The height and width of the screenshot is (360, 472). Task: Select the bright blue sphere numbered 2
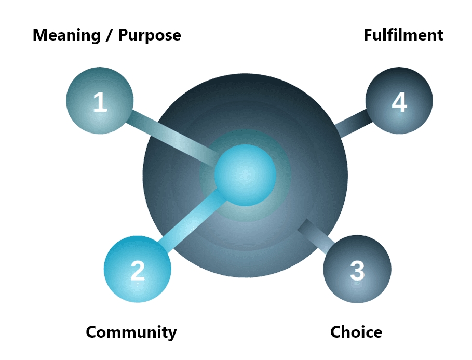pyautogui.click(x=137, y=270)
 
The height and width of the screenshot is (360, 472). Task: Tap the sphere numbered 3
pyautogui.click(x=357, y=270)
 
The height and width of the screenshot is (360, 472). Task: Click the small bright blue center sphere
pyautogui.click(x=245, y=176)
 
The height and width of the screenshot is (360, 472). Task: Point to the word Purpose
pyautogui.click(x=150, y=35)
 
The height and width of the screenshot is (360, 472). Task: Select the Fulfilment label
pyautogui.click(x=403, y=35)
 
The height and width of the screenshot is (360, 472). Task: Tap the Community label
pyautogui.click(x=131, y=332)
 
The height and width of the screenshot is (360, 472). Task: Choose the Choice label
pyautogui.click(x=356, y=332)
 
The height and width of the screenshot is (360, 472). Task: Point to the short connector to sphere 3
pyautogui.click(x=315, y=234)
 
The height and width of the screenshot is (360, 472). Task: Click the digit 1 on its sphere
pyautogui.click(x=100, y=102)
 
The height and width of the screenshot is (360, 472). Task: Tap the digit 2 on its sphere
pyautogui.click(x=137, y=271)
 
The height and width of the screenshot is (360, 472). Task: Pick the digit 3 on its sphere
pyautogui.click(x=357, y=271)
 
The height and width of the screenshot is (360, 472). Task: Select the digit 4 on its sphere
pyautogui.click(x=399, y=102)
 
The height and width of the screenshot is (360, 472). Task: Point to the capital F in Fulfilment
pyautogui.click(x=368, y=35)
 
